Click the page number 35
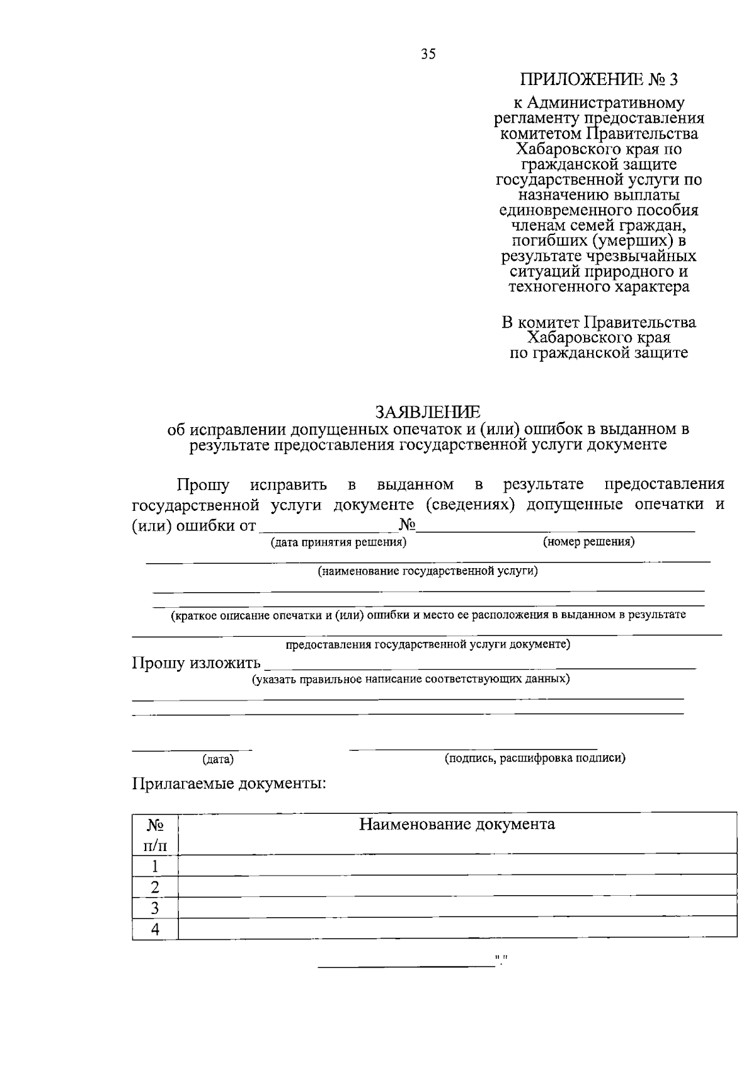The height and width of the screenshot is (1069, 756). click(428, 54)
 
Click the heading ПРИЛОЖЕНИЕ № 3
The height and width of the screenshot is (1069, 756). click(600, 80)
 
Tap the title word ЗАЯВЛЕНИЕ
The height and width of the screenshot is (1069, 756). click(428, 412)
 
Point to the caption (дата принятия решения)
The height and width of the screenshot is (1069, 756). click(338, 542)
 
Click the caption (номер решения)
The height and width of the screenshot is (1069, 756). click(588, 542)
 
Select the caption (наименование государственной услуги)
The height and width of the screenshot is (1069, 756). click(428, 571)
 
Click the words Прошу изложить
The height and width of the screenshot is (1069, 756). click(196, 663)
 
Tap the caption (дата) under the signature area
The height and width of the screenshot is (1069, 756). click(218, 760)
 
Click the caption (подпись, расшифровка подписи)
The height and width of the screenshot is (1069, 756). click(535, 758)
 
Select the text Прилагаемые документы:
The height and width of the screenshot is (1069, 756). click(229, 784)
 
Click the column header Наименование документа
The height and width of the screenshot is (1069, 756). click(457, 824)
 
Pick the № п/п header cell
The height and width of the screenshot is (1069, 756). click(155, 833)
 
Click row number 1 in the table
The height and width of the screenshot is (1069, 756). click(155, 866)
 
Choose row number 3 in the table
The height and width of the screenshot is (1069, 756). click(155, 908)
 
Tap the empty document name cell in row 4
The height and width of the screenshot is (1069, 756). click(457, 929)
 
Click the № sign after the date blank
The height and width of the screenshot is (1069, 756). click(407, 524)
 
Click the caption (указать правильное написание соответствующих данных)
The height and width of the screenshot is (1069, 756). click(411, 679)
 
